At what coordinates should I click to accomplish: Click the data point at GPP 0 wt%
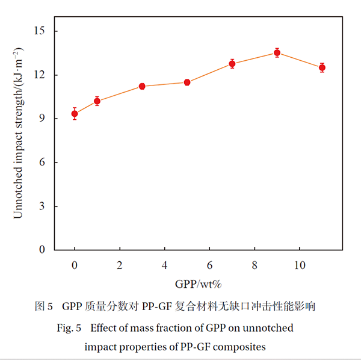pos(75,113)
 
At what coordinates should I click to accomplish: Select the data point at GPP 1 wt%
pos(97,101)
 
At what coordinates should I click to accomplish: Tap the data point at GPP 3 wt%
pos(142,86)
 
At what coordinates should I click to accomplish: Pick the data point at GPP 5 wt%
pos(187,82)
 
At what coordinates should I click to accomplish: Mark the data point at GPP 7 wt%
pos(232,63)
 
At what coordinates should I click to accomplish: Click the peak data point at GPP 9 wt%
pos(277,52)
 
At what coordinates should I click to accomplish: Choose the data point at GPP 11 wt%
pos(322,67)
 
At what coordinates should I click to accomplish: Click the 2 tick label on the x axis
pos(120,265)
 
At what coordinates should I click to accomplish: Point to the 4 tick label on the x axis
pos(164,265)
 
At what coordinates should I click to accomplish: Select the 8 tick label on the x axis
pos(255,265)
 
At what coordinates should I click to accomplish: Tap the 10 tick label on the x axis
pos(299,265)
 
